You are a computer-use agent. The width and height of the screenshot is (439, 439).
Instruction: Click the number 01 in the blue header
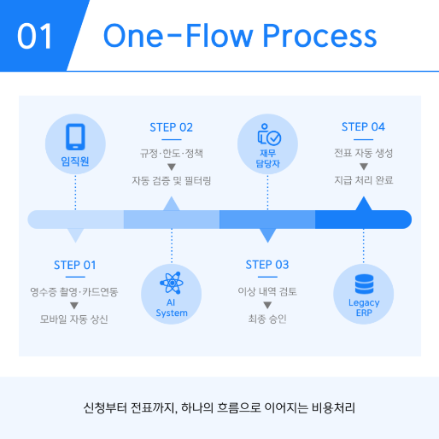[x=35, y=37]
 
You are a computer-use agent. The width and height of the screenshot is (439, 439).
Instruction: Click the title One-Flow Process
[x=239, y=36]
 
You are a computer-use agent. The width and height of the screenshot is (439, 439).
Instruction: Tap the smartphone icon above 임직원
[x=75, y=136]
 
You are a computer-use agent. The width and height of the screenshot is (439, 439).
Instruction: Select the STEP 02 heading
[x=171, y=127]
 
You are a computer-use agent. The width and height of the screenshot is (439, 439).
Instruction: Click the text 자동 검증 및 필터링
[x=171, y=181]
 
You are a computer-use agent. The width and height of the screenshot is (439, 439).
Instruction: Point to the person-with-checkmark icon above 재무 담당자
[x=267, y=135]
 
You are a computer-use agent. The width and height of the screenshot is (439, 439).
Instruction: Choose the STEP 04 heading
[x=363, y=127]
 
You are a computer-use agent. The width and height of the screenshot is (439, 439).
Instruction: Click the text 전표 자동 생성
[x=363, y=154]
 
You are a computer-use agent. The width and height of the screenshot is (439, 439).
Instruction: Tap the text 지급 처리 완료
[x=363, y=181]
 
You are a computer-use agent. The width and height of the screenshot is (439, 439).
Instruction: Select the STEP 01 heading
[x=75, y=265]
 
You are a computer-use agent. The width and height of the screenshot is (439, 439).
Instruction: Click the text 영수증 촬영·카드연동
[x=75, y=292]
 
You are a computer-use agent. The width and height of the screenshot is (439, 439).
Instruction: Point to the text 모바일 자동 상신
[x=75, y=319]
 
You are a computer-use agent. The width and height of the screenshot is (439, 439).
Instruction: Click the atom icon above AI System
[x=172, y=281]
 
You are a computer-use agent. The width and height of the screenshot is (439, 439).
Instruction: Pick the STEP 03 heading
[x=267, y=265]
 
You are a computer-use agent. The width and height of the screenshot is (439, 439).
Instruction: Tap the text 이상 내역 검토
[x=267, y=292]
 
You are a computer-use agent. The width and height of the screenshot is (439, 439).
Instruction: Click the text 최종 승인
[x=267, y=319]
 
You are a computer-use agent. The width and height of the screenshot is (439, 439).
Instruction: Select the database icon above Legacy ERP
[x=364, y=282]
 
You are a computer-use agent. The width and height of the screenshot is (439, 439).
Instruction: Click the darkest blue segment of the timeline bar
[x=363, y=219]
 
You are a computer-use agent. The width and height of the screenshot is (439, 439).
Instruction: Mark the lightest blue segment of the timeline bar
[x=75, y=219]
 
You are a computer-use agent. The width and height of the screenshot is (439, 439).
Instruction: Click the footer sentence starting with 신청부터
[x=219, y=407]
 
